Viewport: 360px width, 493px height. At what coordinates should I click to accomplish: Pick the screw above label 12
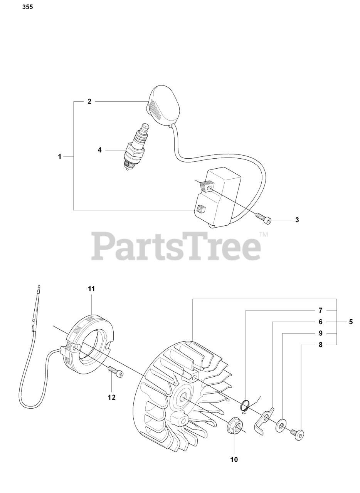(x=115, y=372)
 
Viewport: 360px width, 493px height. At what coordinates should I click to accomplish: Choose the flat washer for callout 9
(x=281, y=426)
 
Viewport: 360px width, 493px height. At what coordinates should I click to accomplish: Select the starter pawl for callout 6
(x=264, y=421)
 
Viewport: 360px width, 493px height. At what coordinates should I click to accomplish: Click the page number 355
(x=27, y=7)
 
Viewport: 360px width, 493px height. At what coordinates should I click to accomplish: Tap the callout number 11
(x=91, y=288)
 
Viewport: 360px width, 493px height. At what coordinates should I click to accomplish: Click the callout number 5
(x=350, y=322)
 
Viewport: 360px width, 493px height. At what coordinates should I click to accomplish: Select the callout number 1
(x=60, y=156)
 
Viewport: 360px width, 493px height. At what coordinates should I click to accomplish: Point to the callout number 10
(x=234, y=459)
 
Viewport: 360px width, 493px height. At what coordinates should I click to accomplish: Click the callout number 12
(x=111, y=397)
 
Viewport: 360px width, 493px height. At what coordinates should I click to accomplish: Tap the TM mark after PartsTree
(x=263, y=234)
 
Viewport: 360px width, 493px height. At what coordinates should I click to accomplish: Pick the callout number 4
(x=99, y=150)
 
